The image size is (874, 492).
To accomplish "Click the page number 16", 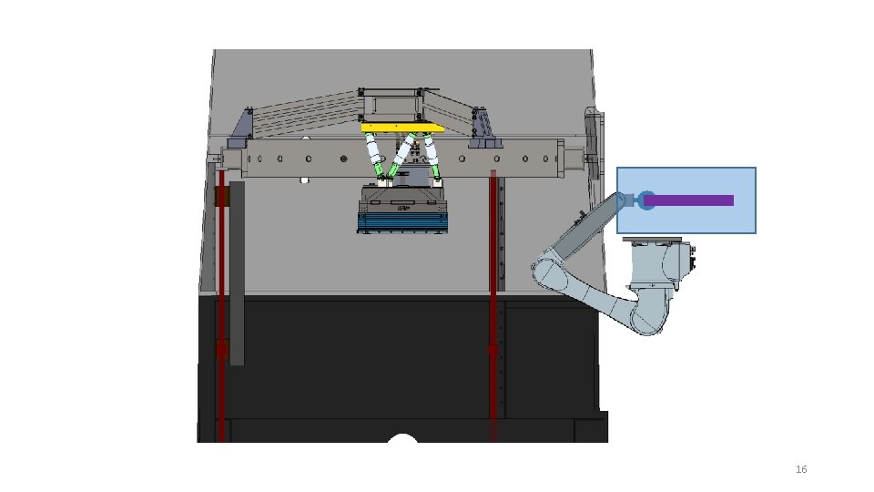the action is click(x=801, y=469).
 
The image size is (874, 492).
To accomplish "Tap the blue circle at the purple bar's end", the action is click(x=646, y=200).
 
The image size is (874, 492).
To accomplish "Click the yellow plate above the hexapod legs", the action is click(x=402, y=128).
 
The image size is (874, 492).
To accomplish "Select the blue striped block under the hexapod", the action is click(x=402, y=222).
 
